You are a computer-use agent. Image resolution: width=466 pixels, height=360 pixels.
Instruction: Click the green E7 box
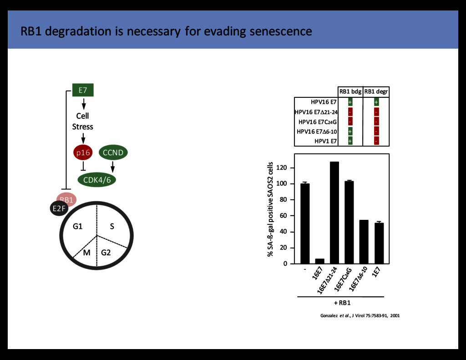[x=83, y=90]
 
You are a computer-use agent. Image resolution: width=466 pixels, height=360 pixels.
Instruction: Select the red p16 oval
[x=83, y=153]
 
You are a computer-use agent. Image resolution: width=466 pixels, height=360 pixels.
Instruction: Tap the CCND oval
[x=113, y=153]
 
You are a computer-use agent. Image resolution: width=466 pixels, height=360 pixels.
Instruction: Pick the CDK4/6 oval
[x=97, y=180]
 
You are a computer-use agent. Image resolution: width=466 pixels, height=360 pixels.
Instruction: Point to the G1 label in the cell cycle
[x=77, y=226]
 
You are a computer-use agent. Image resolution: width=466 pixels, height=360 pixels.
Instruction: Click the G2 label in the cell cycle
[x=106, y=252]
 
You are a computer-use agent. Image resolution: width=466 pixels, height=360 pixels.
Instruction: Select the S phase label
[x=111, y=226]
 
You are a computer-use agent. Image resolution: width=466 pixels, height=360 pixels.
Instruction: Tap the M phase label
[x=86, y=252]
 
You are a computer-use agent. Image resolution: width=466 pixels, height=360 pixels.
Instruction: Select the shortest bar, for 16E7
[x=319, y=261]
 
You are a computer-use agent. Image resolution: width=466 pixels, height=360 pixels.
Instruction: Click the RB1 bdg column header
[x=350, y=91]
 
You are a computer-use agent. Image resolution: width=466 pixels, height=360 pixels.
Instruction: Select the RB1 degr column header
[x=376, y=91]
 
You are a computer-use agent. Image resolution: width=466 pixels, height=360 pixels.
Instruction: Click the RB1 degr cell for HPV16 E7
[x=376, y=102]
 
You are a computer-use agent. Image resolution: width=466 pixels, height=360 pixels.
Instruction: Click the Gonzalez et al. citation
[x=360, y=315]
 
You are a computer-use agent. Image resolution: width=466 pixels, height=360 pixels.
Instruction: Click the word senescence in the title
[x=281, y=31]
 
